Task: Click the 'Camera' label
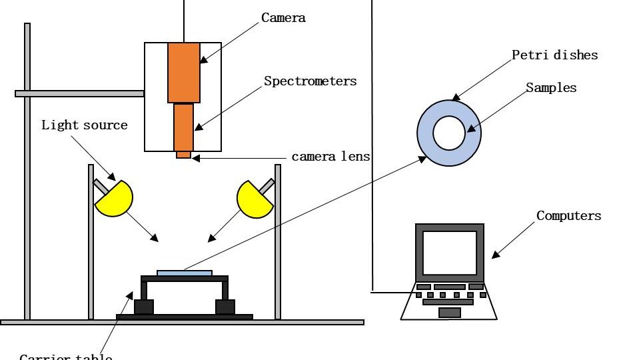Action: click(x=283, y=18)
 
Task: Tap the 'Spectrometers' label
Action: click(x=310, y=81)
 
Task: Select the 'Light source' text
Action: click(x=84, y=125)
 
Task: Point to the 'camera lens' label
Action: click(x=330, y=157)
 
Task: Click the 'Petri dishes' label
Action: click(x=554, y=55)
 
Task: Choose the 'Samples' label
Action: click(x=550, y=87)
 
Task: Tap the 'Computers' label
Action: click(x=568, y=215)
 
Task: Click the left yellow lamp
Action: click(x=115, y=199)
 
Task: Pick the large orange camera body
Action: click(x=183, y=73)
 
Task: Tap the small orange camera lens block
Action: click(x=183, y=155)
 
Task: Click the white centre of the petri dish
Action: click(x=449, y=133)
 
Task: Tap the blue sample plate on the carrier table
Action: click(x=185, y=273)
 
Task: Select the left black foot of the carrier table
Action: click(x=144, y=307)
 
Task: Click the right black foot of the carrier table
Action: click(x=225, y=307)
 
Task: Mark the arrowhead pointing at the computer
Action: click(x=494, y=255)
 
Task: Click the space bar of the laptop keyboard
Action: click(x=448, y=302)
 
